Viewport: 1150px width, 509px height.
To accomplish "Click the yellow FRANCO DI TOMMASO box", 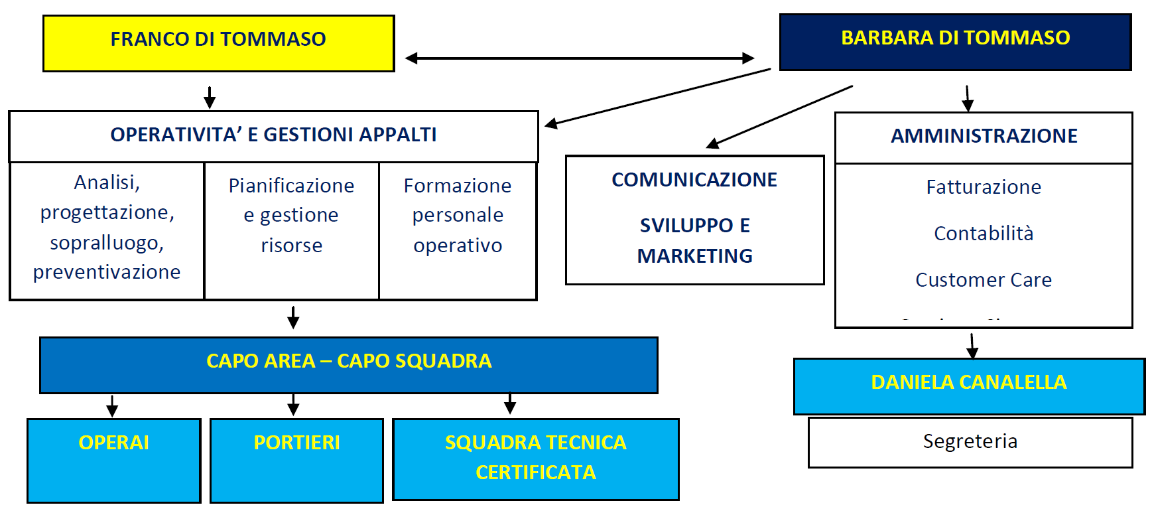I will [x=218, y=42].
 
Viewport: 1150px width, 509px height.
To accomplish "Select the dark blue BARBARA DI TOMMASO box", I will [x=955, y=41].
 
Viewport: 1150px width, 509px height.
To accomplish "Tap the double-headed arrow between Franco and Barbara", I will [x=579, y=58].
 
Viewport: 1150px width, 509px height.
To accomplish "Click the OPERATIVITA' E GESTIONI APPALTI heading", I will [x=273, y=135].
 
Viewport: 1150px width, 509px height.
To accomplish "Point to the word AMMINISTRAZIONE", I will [x=984, y=136].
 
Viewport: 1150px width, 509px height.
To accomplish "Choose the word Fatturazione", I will [x=984, y=187].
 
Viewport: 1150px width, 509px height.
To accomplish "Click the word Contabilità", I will [x=984, y=234].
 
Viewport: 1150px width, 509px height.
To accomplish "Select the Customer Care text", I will [x=984, y=280].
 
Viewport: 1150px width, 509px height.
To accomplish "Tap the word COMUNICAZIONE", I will [x=694, y=180].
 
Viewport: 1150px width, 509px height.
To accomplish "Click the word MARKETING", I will [x=694, y=256].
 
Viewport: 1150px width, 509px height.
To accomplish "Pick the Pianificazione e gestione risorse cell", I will [x=291, y=216].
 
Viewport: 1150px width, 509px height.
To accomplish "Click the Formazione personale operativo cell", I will [x=458, y=216].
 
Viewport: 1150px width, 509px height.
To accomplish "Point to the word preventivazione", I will [x=107, y=272].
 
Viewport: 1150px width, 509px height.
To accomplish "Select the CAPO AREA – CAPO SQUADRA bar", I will [x=349, y=364].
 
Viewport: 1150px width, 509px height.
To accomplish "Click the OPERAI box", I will [x=113, y=460].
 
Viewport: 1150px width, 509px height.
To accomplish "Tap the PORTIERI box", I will [x=296, y=460].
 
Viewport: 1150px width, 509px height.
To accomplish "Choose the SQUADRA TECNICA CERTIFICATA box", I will [x=535, y=458].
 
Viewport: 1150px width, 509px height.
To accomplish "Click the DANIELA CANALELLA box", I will [x=968, y=386].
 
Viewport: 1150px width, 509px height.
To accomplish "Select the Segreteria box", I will [x=970, y=442].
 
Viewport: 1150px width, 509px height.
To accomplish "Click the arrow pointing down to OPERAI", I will [x=112, y=405].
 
